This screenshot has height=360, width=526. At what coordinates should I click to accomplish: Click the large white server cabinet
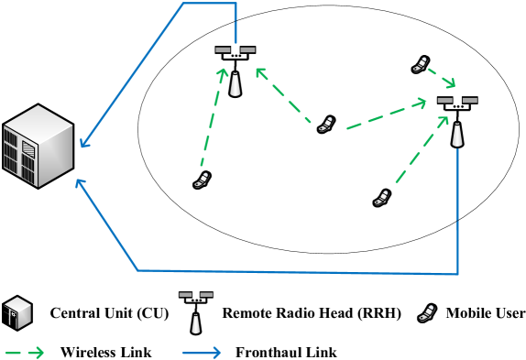(x=38, y=146)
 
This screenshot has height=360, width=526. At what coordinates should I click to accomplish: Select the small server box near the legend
(x=17, y=312)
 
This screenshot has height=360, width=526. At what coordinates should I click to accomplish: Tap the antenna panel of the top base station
(x=234, y=57)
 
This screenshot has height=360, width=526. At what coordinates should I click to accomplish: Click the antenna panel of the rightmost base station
(x=455, y=107)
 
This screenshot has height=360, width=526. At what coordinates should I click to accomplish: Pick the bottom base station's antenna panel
(x=194, y=300)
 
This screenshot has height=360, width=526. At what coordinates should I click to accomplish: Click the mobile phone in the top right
(x=420, y=65)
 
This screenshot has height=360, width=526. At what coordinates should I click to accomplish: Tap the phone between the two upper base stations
(x=325, y=125)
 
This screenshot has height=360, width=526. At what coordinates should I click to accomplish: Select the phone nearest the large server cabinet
(x=202, y=180)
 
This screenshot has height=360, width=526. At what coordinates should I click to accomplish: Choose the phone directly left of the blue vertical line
(x=381, y=198)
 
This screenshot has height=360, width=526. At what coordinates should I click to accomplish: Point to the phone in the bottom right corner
(x=426, y=313)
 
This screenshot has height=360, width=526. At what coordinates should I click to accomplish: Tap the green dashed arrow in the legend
(x=24, y=353)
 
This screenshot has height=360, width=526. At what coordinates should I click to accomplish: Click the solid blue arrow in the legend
(x=202, y=353)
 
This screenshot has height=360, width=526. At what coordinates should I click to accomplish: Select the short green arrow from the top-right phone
(x=441, y=77)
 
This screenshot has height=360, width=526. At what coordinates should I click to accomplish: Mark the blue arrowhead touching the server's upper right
(x=83, y=143)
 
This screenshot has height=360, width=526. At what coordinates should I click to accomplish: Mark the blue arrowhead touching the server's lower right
(x=80, y=183)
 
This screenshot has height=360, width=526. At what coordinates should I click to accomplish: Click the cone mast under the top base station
(x=236, y=83)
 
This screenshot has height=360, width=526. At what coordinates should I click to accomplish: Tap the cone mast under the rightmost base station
(x=457, y=134)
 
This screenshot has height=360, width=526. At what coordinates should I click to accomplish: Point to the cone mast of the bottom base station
(x=195, y=322)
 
